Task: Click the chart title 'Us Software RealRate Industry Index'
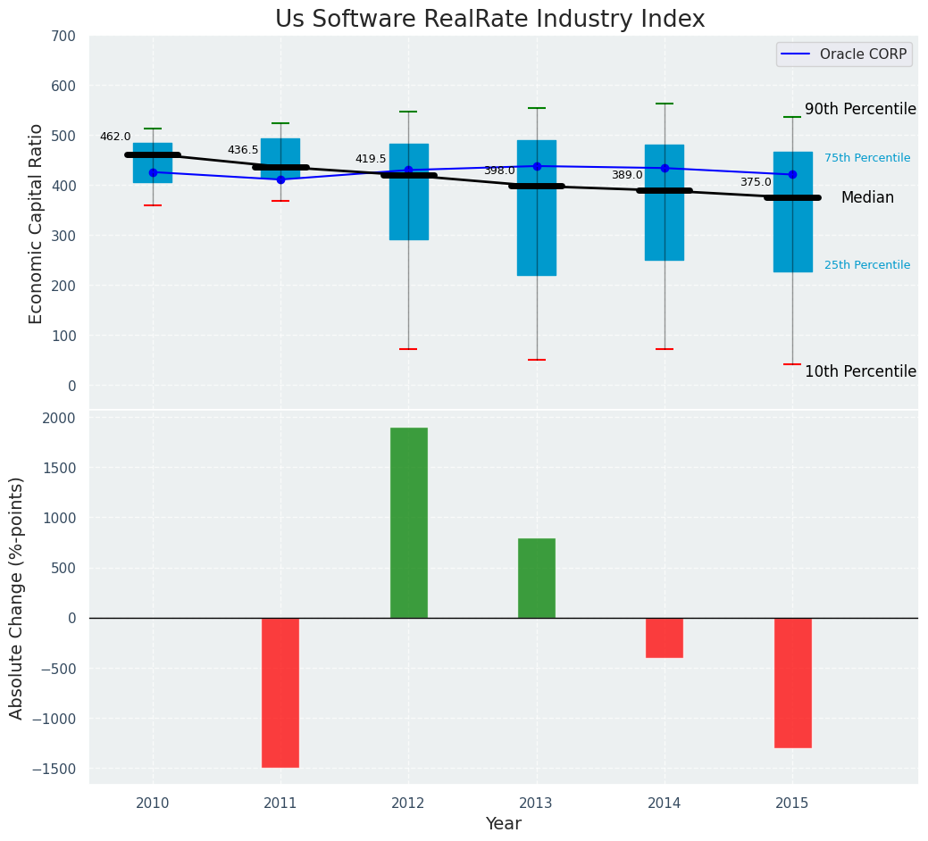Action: click(489, 20)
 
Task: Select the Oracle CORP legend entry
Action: click(844, 54)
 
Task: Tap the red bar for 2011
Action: click(280, 692)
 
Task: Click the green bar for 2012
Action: click(408, 522)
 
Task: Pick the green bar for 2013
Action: click(537, 578)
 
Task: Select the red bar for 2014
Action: click(665, 637)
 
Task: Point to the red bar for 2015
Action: click(792, 682)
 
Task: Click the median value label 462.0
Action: click(115, 137)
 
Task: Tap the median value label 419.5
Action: click(371, 159)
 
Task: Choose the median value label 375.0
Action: click(756, 182)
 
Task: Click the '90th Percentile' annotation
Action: click(860, 109)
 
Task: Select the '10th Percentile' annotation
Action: click(860, 371)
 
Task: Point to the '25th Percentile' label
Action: click(867, 265)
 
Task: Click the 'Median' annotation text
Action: click(867, 197)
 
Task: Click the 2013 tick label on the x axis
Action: click(537, 804)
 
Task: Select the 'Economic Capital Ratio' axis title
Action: click(37, 223)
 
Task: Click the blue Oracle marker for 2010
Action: click(153, 172)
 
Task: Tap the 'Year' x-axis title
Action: click(504, 824)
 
